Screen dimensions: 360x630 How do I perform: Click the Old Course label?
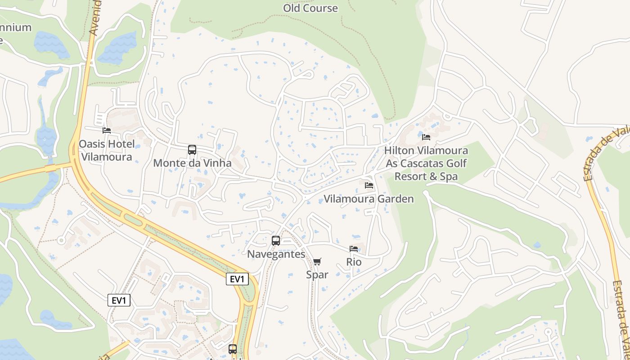coord(310,8)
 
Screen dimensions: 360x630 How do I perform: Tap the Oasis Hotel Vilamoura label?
coord(107,150)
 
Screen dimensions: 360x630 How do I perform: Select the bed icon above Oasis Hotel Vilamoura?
coord(107,130)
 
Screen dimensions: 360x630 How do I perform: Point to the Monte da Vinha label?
coord(192,163)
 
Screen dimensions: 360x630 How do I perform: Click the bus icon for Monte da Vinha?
coord(192,150)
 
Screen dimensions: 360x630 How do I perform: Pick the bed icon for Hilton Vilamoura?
coord(426,137)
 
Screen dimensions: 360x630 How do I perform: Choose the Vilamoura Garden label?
coord(369,198)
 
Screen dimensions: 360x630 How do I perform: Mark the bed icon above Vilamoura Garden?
coord(369,185)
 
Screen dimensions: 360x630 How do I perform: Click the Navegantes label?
coord(276,254)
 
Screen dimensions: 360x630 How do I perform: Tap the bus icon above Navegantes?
coord(276,241)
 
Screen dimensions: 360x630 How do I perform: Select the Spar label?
coord(317,274)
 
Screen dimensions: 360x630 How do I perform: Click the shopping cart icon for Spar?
coord(317,261)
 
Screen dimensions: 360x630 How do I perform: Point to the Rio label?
coord(354,262)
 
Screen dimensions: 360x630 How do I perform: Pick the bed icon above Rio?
coord(354,249)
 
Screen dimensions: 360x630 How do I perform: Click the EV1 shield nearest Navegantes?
coord(237,279)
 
